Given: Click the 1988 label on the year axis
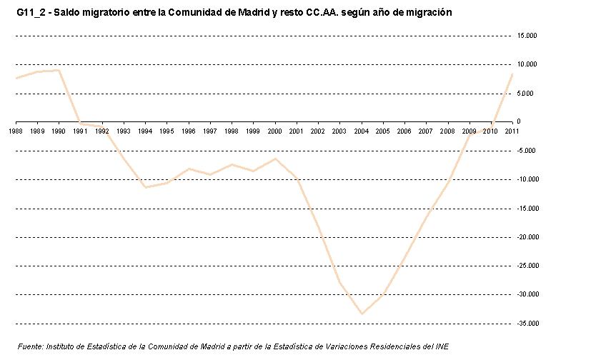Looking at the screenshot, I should click(x=16, y=131).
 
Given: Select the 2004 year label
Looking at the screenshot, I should click(x=361, y=131).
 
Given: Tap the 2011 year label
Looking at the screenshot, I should click(x=512, y=131).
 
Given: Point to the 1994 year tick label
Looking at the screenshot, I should click(x=145, y=131).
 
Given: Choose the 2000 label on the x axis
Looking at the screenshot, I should click(x=274, y=131).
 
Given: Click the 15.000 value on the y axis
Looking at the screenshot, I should click(x=527, y=35).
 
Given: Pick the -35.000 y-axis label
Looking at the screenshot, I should click(x=527, y=324).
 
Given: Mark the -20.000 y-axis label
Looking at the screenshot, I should click(x=527, y=237).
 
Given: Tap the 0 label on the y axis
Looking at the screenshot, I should click(x=520, y=121).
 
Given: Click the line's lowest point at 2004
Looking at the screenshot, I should click(x=362, y=313).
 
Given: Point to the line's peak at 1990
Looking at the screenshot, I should click(x=59, y=70).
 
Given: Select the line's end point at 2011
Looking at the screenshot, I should click(x=512, y=74).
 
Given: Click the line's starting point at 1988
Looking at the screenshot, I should click(x=16, y=78).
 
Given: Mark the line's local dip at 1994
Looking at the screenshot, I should click(x=145, y=187).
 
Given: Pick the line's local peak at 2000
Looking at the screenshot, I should click(x=274, y=159).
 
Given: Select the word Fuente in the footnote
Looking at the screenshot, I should click(x=29, y=346).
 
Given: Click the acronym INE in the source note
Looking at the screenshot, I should click(x=442, y=346).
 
